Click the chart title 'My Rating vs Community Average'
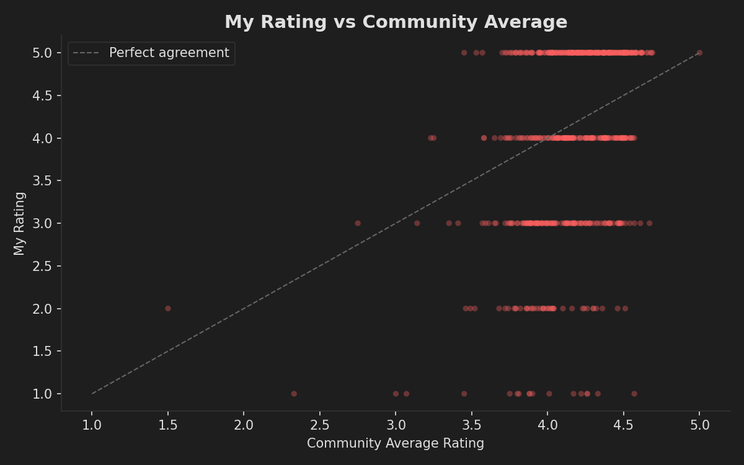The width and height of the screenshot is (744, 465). (x=396, y=22)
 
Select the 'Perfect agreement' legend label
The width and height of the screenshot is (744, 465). (x=169, y=53)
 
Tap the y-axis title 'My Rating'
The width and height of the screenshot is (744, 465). (x=20, y=223)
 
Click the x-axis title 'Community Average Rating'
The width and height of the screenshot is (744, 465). (x=396, y=443)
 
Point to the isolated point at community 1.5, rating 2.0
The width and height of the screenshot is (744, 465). (x=167, y=308)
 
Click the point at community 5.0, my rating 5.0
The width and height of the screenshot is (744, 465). (x=699, y=53)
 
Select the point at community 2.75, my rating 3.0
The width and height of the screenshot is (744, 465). (x=357, y=223)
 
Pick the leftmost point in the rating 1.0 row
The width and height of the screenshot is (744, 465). (x=294, y=394)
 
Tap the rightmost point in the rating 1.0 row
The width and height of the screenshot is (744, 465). (x=634, y=394)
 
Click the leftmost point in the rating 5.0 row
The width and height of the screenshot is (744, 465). (x=464, y=53)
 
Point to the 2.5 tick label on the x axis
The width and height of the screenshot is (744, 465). (x=319, y=425)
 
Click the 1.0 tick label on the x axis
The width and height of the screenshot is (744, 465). (x=92, y=425)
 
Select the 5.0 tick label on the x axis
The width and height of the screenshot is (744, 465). (x=699, y=425)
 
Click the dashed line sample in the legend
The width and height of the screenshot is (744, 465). (x=86, y=53)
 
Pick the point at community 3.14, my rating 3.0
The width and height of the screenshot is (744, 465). (x=417, y=223)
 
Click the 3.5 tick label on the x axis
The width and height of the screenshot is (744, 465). (x=471, y=425)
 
